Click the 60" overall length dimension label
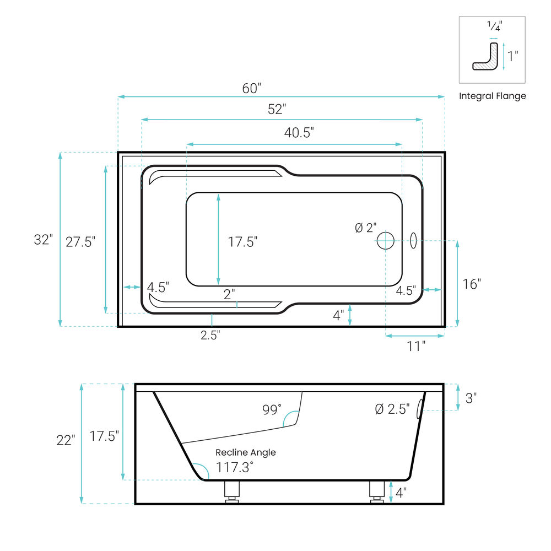coord(252,88)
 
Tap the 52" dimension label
coord(277,109)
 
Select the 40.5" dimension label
coord(299,132)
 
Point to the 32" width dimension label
coord(43,240)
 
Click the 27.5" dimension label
coord(80,242)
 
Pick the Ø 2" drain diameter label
coord(366,228)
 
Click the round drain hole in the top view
coord(386,241)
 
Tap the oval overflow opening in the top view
coord(414,241)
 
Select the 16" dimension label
coord(472,284)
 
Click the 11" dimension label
coord(416,346)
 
